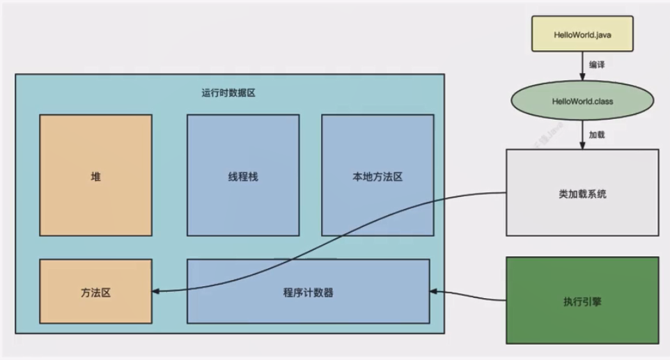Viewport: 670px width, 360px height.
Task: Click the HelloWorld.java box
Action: click(x=582, y=33)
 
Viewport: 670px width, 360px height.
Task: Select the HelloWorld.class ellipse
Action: click(x=582, y=102)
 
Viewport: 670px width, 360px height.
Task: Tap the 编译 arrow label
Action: click(x=596, y=64)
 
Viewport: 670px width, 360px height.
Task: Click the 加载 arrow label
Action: click(x=596, y=134)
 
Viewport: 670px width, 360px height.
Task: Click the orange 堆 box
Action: click(x=95, y=175)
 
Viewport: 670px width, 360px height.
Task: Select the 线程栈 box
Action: click(x=242, y=175)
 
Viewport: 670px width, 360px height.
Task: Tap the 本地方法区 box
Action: click(x=377, y=175)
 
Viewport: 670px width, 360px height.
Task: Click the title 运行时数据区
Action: click(x=228, y=93)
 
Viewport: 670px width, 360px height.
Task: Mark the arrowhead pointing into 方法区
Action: click(x=157, y=291)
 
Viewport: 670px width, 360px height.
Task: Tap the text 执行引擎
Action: click(x=582, y=302)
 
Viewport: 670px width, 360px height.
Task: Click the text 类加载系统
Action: click(x=582, y=194)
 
